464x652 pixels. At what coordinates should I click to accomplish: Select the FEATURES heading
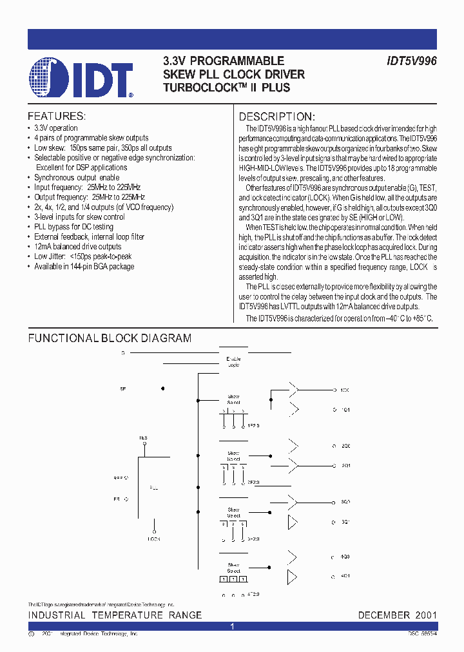pyautogui.click(x=56, y=117)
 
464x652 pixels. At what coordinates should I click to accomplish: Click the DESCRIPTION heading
pyautogui.click(x=276, y=117)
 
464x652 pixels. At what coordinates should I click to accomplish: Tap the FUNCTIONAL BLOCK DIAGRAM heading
pyautogui.click(x=110, y=338)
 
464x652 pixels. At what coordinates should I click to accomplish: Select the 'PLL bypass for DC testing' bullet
pyautogui.click(x=75, y=227)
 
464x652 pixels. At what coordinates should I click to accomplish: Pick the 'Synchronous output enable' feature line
pyautogui.click(x=77, y=177)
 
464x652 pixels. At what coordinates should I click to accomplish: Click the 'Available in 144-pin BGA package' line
pyautogui.click(x=84, y=266)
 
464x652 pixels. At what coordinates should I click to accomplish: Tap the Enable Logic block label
pyautogui.click(x=233, y=361)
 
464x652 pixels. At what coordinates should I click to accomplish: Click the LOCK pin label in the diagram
pyautogui.click(x=154, y=538)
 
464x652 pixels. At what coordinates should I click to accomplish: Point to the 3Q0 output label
pyautogui.click(x=345, y=501)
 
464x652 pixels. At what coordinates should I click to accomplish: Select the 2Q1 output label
pyautogui.click(x=345, y=465)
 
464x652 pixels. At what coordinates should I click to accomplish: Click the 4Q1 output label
pyautogui.click(x=345, y=575)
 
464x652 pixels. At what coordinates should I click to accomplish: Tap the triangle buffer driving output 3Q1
pyautogui.click(x=293, y=521)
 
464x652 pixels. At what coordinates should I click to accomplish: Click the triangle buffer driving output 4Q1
pyautogui.click(x=293, y=575)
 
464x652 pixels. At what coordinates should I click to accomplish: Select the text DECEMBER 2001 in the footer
pyautogui.click(x=397, y=615)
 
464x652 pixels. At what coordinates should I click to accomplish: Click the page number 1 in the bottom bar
pyautogui.click(x=232, y=626)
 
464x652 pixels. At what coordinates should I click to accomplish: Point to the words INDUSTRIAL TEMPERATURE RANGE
pyautogui.click(x=115, y=615)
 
